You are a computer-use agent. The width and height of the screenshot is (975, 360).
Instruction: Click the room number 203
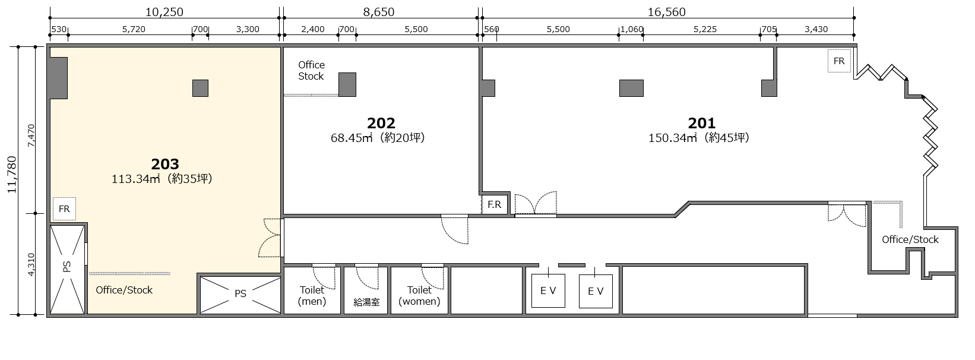point(165,164)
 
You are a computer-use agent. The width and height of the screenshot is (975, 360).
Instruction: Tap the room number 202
point(381,123)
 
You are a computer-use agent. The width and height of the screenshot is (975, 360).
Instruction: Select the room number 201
point(702,123)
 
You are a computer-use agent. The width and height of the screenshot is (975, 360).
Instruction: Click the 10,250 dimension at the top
point(164,12)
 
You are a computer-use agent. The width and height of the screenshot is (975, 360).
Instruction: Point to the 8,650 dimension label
point(379,12)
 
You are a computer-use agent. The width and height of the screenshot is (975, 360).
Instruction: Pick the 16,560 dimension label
point(666,12)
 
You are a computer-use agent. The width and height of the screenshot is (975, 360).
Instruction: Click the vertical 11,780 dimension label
point(12,175)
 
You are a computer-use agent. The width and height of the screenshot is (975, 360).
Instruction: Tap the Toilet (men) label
point(312,296)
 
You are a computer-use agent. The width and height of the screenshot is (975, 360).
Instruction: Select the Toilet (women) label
point(419,296)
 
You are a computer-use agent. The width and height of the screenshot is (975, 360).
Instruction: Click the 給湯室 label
point(366,302)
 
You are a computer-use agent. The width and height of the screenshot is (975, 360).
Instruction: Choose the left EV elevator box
point(548,290)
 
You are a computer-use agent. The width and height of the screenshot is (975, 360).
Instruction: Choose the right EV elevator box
point(596,291)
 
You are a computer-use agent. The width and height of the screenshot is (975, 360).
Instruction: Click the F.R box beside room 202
point(494,204)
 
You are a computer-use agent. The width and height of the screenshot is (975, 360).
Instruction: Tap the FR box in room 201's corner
point(839,61)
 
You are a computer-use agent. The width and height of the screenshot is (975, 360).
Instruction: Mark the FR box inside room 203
point(64,209)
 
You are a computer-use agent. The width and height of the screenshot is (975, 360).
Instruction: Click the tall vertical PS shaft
point(67,270)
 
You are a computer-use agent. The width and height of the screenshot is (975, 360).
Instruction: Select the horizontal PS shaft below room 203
point(240,295)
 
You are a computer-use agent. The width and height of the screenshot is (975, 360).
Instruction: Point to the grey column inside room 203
point(200,88)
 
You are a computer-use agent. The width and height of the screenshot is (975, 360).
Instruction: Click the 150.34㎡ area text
point(673,138)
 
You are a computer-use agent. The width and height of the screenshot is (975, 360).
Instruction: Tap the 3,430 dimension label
point(816,29)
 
